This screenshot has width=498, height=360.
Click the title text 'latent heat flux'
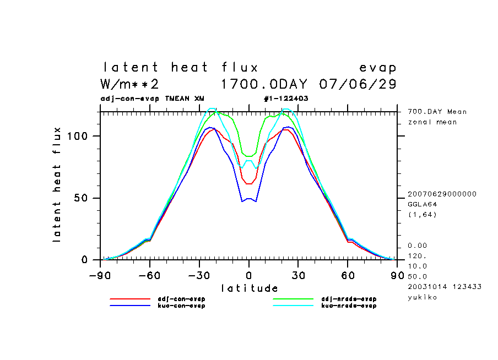click(181, 68)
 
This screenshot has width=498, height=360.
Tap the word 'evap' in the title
click(377, 68)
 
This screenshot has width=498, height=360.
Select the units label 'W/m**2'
click(129, 84)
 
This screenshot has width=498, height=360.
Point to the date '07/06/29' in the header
click(358, 84)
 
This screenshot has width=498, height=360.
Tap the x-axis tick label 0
click(249, 275)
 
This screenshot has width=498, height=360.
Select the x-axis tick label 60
click(348, 275)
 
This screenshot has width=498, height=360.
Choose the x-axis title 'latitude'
click(249, 288)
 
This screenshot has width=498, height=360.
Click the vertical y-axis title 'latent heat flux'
click(57, 184)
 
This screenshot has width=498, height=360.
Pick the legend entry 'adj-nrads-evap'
click(348, 299)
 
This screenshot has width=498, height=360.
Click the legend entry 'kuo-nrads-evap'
click(348, 306)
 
